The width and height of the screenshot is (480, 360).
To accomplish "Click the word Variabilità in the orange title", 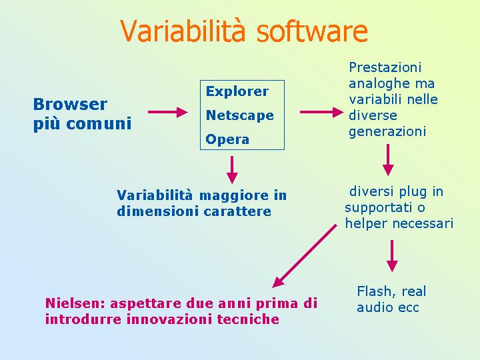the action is coord(183,31).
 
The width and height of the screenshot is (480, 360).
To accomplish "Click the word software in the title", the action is coord(312,31).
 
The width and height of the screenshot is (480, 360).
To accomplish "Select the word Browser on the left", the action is coord(70,105).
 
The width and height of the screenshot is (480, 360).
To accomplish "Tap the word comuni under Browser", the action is coord(99,124).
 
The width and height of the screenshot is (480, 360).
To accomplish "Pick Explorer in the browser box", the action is coord(237,91).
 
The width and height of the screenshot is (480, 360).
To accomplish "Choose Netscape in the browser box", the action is coord(240,115).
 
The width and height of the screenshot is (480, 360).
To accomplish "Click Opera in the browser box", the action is coord(227,139).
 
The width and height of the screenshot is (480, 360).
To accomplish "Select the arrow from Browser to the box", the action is coord(168,112).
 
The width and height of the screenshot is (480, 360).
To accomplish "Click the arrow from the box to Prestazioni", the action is coord(322,112).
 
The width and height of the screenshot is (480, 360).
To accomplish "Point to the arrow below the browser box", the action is coord(232,170).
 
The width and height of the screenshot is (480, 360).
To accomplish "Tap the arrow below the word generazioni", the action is coord(388,160).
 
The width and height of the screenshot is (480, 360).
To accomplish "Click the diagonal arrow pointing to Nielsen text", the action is coord(304,256).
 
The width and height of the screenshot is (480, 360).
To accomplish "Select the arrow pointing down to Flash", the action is coord(392,256).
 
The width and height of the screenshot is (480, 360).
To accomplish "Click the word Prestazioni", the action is coord(385,67).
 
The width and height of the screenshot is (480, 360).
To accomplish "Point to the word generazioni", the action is coord(387,131).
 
